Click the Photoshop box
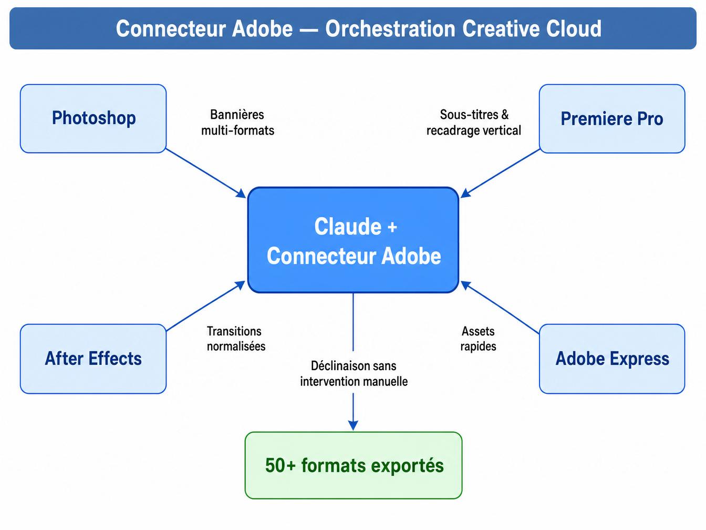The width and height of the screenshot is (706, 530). click(94, 119)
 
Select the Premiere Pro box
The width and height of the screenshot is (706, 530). click(612, 119)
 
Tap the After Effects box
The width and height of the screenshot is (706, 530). click(94, 359)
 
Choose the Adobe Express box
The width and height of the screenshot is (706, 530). click(612, 359)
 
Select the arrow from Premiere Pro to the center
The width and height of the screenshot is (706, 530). click(500, 174)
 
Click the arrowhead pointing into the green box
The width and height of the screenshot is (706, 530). click(353, 425)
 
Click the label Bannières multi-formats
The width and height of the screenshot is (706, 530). click(238, 123)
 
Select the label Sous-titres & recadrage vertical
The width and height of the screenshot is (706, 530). click(474, 123)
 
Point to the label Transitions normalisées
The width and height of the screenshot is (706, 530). click(236, 339)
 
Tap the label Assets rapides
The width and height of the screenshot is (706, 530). click(478, 339)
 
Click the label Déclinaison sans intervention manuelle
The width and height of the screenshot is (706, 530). click(354, 373)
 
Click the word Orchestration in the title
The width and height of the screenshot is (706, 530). click(390, 28)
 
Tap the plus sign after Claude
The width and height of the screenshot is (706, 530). click(392, 228)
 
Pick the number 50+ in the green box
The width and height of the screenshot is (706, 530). click(280, 465)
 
